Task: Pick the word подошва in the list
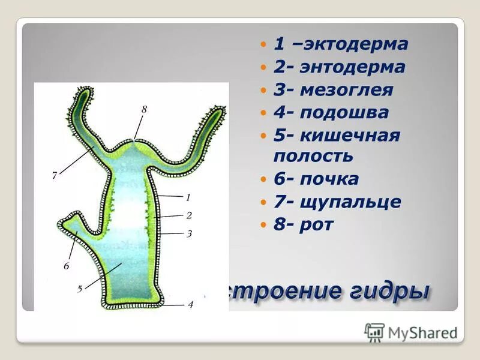[x=344, y=112]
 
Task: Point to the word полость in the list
[x=314, y=156]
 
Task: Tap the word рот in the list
[x=320, y=224]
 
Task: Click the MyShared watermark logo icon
[x=374, y=332]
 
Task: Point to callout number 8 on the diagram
[x=144, y=110]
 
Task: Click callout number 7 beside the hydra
[x=54, y=176]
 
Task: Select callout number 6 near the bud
[x=67, y=266]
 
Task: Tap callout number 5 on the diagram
[x=80, y=289]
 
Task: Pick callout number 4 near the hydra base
[x=190, y=305]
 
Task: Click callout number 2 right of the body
[x=188, y=215]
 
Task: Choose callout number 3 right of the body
[x=188, y=233]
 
